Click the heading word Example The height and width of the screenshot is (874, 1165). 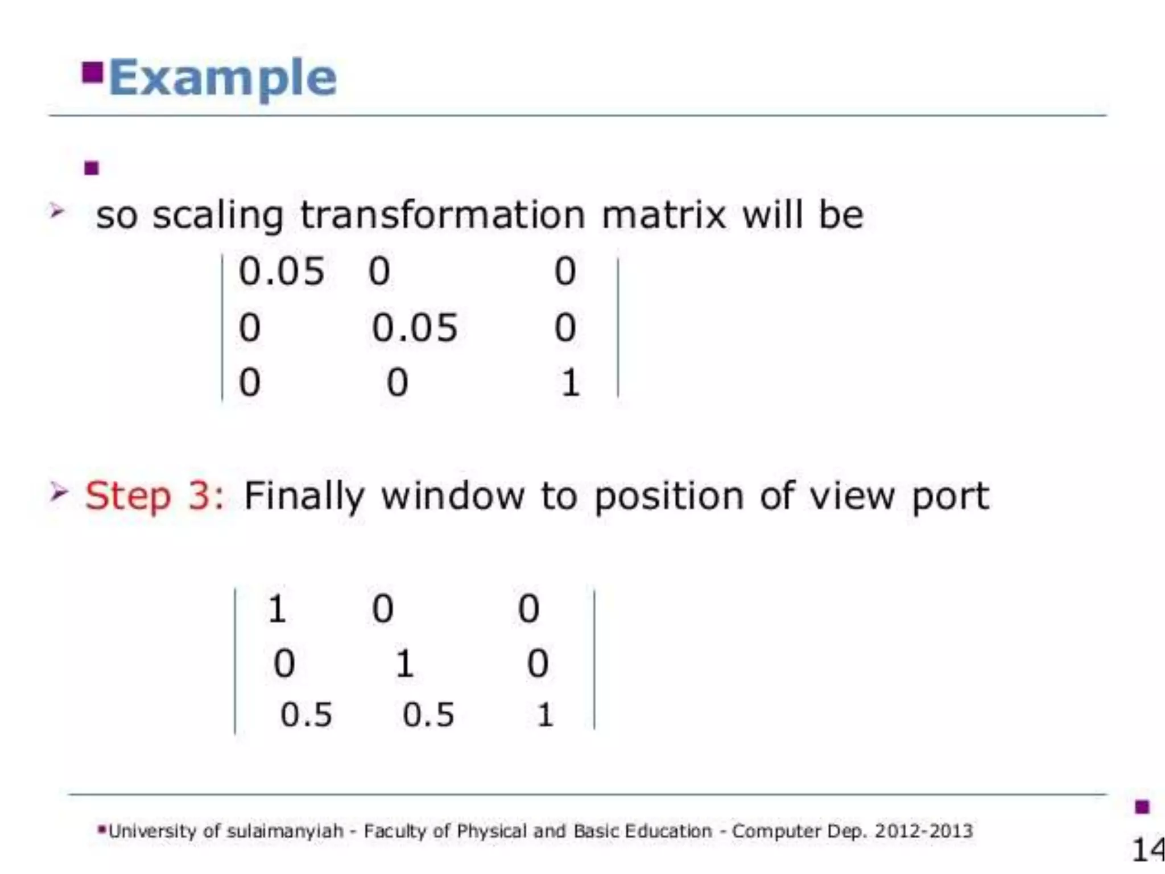(x=222, y=78)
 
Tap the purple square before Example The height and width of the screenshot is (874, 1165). (x=92, y=72)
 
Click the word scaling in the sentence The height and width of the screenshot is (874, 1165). (x=218, y=216)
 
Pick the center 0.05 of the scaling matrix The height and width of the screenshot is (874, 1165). (x=414, y=328)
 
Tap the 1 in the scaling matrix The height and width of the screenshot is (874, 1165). (x=570, y=382)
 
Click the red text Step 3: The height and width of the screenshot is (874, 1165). (x=155, y=496)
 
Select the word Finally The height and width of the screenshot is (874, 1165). (x=304, y=496)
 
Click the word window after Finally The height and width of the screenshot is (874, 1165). (x=452, y=496)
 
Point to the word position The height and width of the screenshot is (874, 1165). (x=668, y=496)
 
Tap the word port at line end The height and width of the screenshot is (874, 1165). (x=950, y=496)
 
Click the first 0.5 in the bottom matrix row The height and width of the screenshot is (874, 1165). (x=306, y=715)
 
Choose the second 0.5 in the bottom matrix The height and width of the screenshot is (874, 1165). (x=428, y=715)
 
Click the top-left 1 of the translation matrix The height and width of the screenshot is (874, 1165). (x=277, y=609)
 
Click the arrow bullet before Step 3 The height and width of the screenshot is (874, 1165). (x=58, y=492)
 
